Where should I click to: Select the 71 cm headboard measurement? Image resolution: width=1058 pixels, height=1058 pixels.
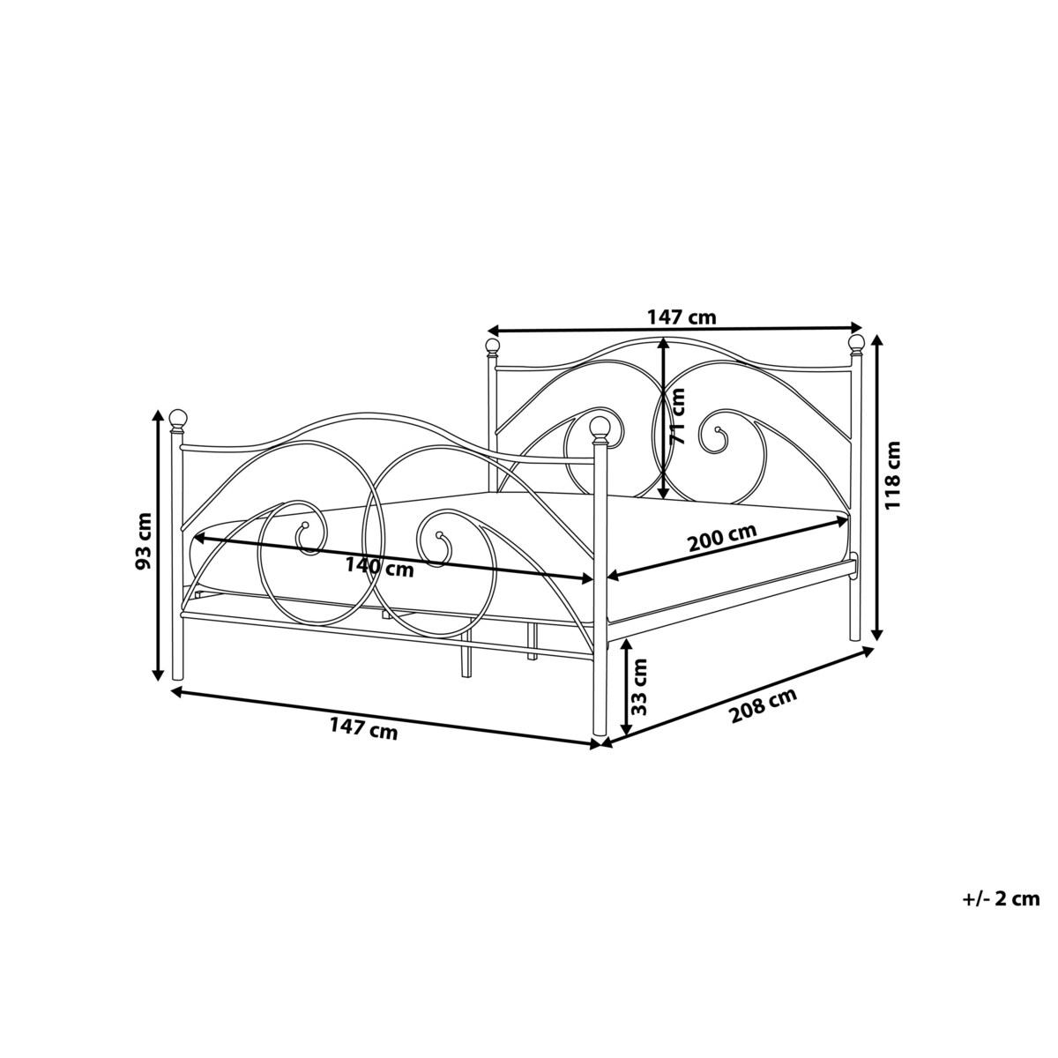pos(679,415)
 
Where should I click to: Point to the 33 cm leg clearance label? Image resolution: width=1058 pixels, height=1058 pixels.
pos(639,687)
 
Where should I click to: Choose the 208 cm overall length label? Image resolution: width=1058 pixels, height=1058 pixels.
pos(764,706)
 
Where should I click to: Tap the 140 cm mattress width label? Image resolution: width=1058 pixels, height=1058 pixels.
pos(379,566)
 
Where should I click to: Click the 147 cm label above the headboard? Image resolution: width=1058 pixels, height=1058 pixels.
pos(682,317)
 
